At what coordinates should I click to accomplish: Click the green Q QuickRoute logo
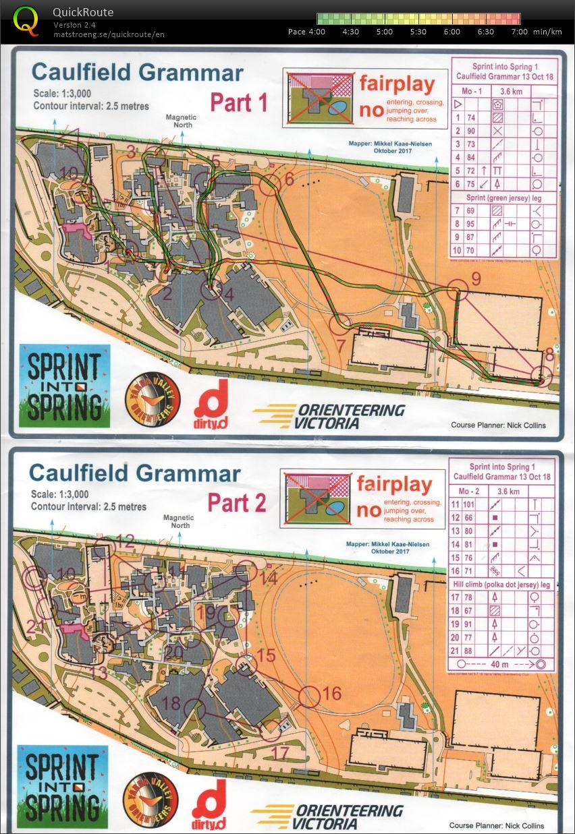(26, 20)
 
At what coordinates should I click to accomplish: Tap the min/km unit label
(547, 32)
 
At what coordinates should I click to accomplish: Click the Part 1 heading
(239, 102)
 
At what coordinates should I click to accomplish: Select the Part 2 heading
(236, 502)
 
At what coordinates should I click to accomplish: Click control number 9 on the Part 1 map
(475, 278)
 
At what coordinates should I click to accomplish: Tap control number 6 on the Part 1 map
(289, 179)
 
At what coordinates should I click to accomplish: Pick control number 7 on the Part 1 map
(341, 345)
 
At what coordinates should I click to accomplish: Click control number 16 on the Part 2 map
(332, 693)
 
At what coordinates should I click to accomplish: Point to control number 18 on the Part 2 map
(171, 703)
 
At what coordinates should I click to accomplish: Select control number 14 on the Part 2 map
(268, 578)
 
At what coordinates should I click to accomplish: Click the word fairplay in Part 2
(394, 484)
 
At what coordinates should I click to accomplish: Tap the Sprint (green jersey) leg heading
(503, 197)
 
